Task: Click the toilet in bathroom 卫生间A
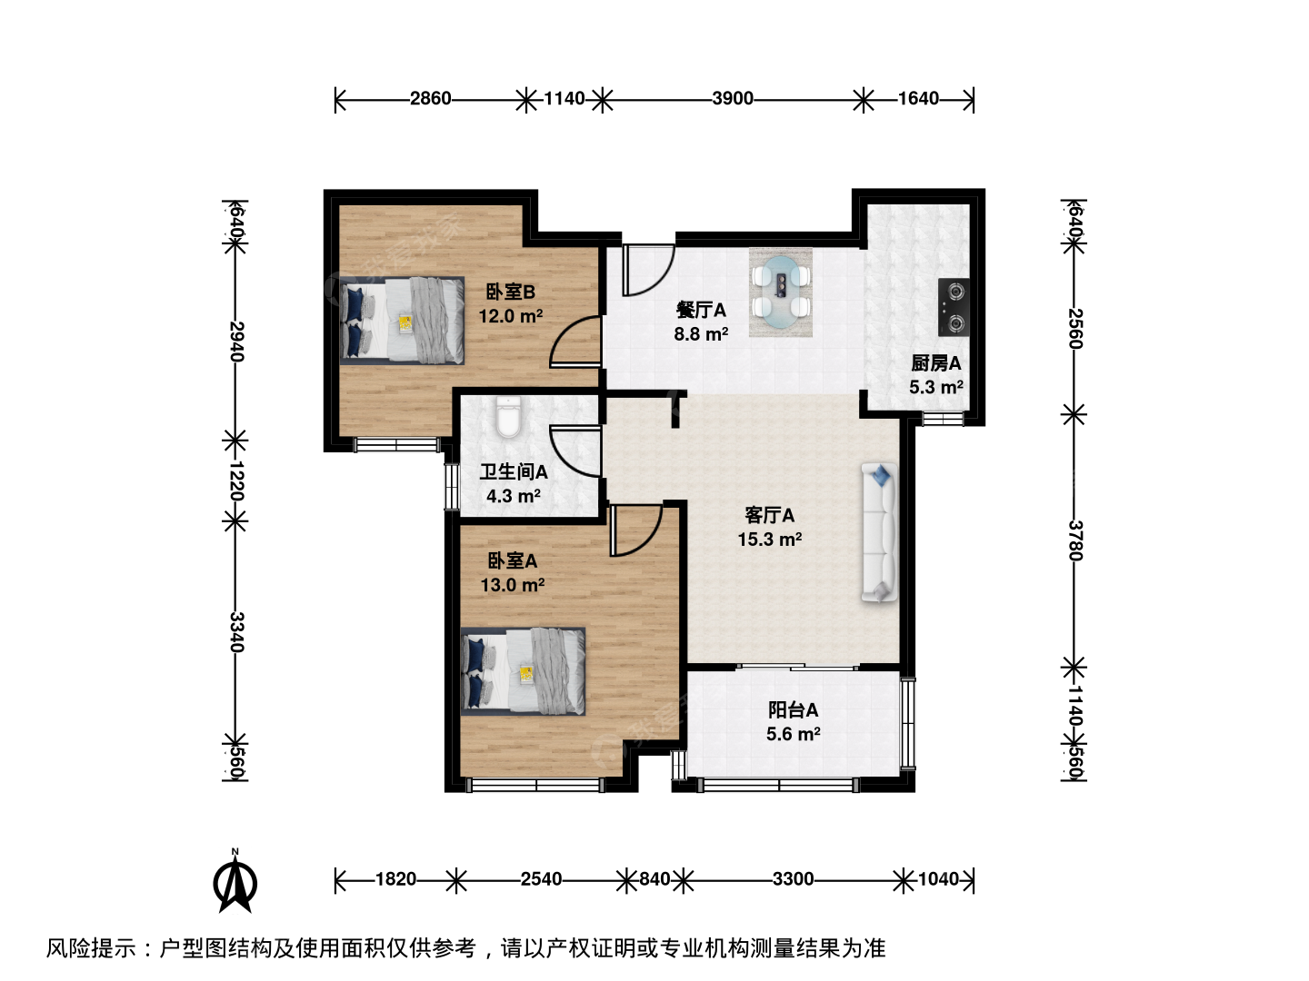(508, 418)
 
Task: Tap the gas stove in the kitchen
(953, 306)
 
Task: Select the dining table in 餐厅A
(781, 292)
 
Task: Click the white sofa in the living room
(879, 532)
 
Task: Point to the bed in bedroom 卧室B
(402, 321)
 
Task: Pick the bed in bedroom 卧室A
(523, 670)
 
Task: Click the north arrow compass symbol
(235, 883)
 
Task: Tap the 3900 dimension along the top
(733, 98)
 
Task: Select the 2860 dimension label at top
(431, 98)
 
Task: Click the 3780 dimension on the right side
(1074, 540)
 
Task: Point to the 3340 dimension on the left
(236, 632)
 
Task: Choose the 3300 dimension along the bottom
(794, 878)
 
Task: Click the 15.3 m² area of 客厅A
(769, 540)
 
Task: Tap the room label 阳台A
(794, 710)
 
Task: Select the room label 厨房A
(935, 362)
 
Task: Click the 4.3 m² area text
(514, 496)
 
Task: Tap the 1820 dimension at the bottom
(396, 878)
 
